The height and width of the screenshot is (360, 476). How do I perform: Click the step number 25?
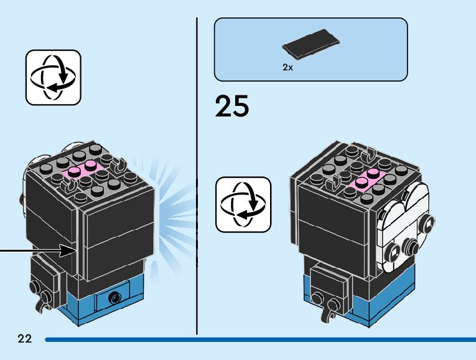[232, 107]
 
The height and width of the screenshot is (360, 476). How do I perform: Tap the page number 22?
[24, 339]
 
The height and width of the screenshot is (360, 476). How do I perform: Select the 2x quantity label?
[287, 68]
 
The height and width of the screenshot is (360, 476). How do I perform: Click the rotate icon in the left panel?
[53, 77]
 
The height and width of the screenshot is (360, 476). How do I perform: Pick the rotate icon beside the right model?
[243, 204]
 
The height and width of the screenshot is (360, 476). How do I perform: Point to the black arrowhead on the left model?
[67, 250]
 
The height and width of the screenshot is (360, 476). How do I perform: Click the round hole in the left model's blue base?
[114, 298]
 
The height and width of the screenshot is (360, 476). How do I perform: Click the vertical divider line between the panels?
[197, 174]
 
